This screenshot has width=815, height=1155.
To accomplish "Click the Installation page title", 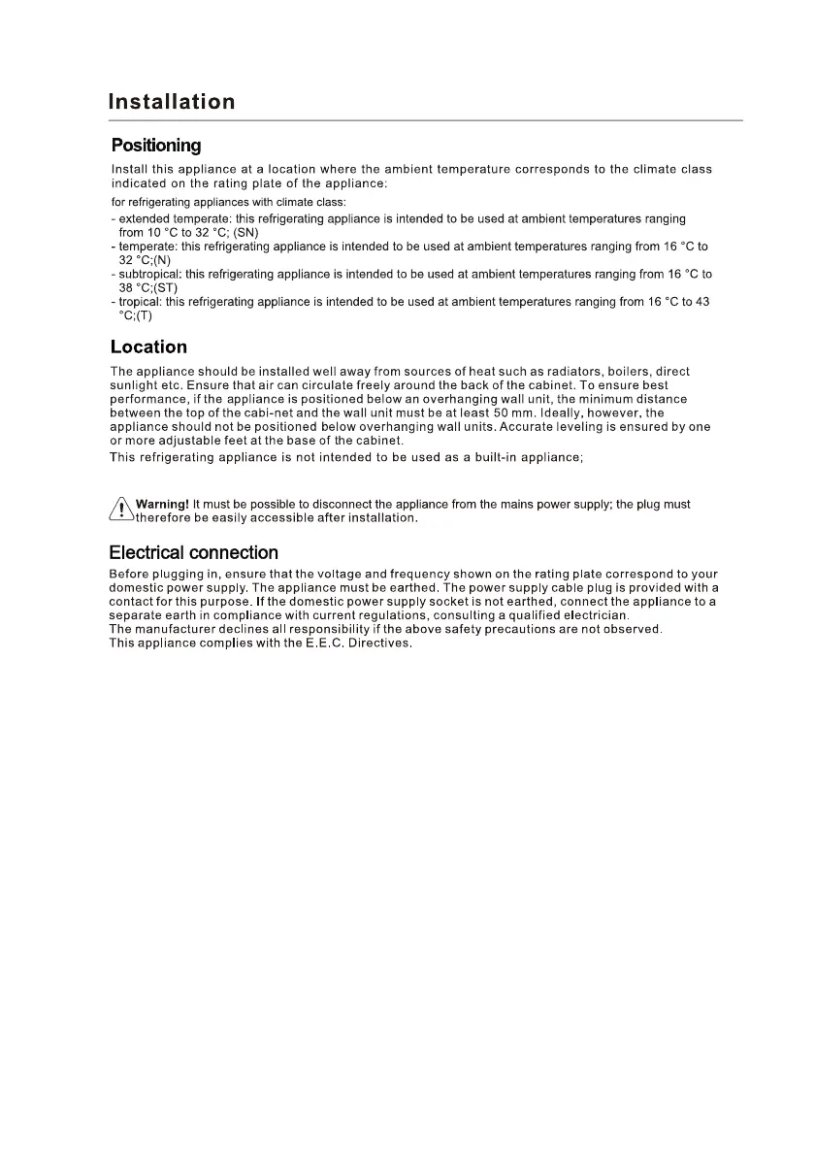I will pyautogui.click(x=172, y=102).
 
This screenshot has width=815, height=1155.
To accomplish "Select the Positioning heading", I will pyautogui.click(x=156, y=146).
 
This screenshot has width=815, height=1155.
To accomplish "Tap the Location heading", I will pyautogui.click(x=148, y=346).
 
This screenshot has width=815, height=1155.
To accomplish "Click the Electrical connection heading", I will pyautogui.click(x=193, y=552).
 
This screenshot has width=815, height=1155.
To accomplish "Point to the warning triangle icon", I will pyautogui.click(x=120, y=510).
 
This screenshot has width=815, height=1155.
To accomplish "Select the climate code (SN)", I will pyautogui.click(x=244, y=233).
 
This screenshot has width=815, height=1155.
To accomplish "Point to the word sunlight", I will pyautogui.click(x=136, y=385).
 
